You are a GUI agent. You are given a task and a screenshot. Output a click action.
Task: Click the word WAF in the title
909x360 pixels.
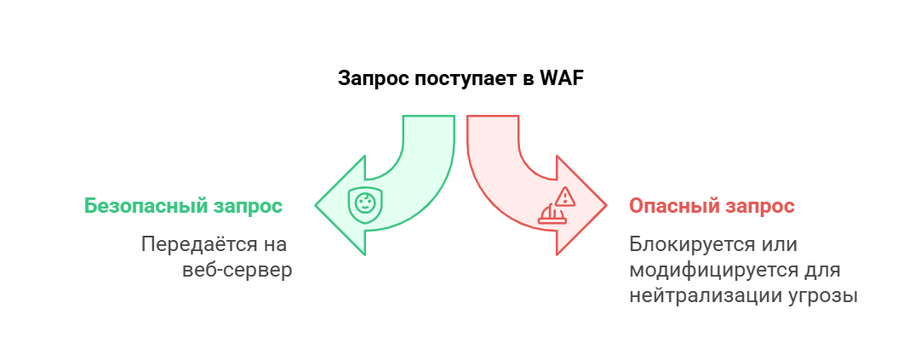click(x=561, y=78)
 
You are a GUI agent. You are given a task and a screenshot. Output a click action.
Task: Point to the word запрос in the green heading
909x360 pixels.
click(x=252, y=207)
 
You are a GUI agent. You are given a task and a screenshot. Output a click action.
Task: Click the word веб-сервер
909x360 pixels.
click(x=237, y=271)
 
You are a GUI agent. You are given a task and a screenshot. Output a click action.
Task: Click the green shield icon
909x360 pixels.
click(x=364, y=206)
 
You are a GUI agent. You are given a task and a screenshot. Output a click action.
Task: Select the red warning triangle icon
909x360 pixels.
click(x=566, y=197)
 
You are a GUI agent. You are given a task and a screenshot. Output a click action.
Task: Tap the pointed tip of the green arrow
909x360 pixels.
click(x=317, y=205)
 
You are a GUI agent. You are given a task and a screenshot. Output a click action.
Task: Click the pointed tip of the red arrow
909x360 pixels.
click(x=605, y=205)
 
